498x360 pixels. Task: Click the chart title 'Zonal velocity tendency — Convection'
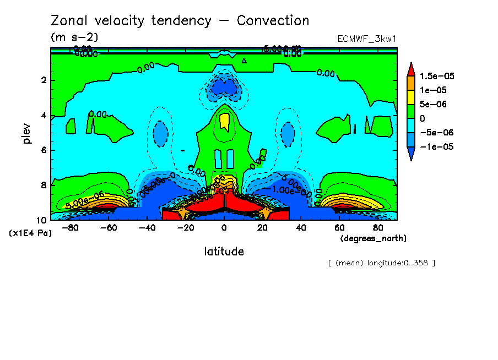[180, 21]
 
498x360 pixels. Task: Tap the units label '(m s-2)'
[74, 37]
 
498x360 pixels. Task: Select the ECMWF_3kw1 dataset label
[367, 39]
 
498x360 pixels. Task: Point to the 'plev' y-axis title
[26, 133]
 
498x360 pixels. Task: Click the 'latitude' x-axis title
[224, 252]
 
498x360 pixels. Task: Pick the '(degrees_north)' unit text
[373, 238]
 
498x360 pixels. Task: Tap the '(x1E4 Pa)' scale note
[30, 233]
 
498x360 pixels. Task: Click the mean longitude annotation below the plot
[381, 263]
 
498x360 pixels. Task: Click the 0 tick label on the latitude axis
[224, 227]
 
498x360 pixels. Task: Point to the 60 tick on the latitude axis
[340, 227]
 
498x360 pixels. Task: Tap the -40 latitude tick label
[145, 227]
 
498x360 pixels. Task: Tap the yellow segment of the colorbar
[411, 97]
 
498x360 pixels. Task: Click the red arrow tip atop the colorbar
[411, 68]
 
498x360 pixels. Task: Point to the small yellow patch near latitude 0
[224, 121]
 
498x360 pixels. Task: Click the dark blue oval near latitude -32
[160, 132]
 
